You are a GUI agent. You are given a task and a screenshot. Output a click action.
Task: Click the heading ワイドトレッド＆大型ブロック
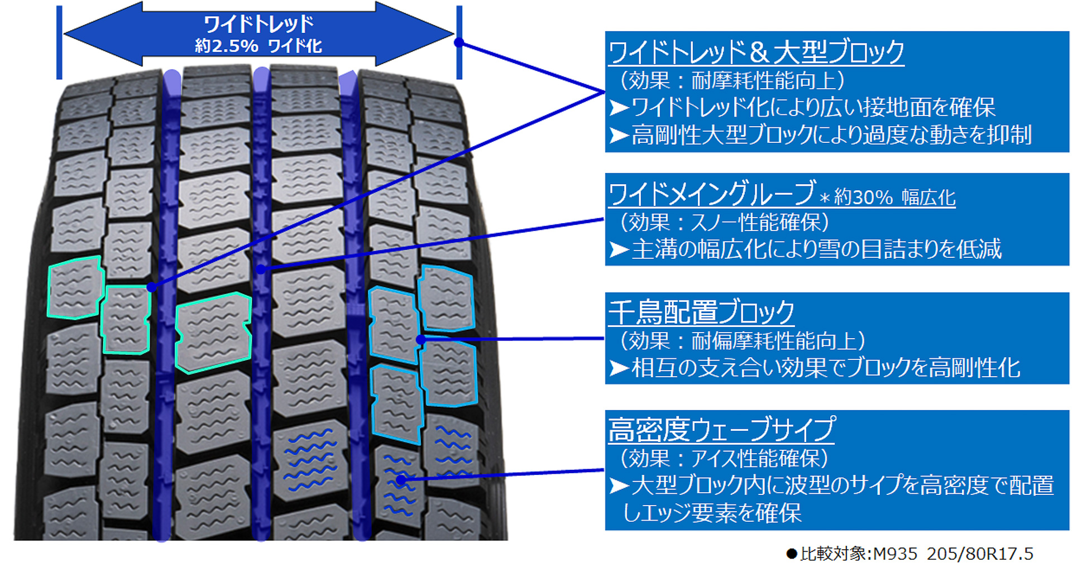(x=755, y=52)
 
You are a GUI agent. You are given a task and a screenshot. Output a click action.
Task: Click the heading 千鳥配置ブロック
(x=701, y=312)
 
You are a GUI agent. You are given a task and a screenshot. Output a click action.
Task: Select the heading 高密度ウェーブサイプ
(x=721, y=430)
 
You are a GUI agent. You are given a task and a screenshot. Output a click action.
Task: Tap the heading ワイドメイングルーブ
(x=711, y=194)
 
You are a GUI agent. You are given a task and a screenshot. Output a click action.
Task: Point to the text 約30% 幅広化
(x=894, y=198)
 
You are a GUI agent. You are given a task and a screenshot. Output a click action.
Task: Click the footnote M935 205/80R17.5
(x=953, y=554)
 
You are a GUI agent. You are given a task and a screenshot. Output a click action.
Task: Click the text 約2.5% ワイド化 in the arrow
(x=258, y=46)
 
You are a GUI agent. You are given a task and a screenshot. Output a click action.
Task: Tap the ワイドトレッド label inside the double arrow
(x=259, y=23)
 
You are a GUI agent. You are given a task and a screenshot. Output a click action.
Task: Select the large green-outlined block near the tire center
(x=213, y=332)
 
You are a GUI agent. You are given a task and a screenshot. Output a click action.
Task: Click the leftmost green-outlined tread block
(x=74, y=288)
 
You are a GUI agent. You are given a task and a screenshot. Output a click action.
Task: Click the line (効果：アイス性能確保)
(x=724, y=459)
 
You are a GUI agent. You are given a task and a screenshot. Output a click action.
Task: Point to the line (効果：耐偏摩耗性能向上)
(x=742, y=340)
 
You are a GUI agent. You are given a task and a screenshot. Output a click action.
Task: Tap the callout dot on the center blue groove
(x=260, y=270)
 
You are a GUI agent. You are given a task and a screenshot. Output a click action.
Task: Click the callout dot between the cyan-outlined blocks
(x=421, y=339)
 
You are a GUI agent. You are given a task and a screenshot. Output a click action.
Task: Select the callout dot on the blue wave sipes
(x=401, y=479)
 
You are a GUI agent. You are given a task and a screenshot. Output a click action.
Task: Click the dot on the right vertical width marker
(x=459, y=42)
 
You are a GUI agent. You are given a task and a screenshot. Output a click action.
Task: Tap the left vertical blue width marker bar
(x=59, y=42)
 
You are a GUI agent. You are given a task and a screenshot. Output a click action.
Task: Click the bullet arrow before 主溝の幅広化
(x=619, y=249)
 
